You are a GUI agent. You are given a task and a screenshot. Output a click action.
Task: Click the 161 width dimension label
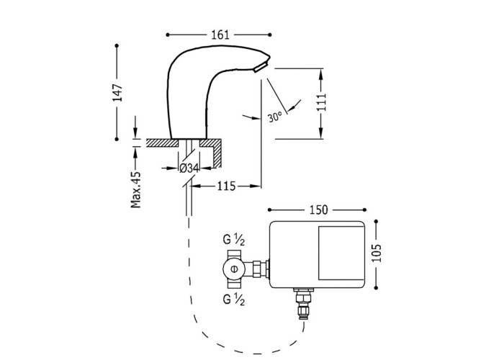click(220, 33)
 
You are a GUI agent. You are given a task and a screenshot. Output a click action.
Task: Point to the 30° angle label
click(274, 117)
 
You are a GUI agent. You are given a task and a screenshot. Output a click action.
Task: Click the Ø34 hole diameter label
click(188, 168)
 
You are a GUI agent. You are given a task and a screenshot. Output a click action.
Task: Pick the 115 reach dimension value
click(225, 186)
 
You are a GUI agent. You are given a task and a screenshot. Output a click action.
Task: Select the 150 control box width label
click(319, 210)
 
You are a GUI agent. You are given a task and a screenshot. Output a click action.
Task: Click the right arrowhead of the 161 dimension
click(271, 33)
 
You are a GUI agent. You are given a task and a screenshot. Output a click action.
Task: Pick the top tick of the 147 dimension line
click(117, 45)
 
